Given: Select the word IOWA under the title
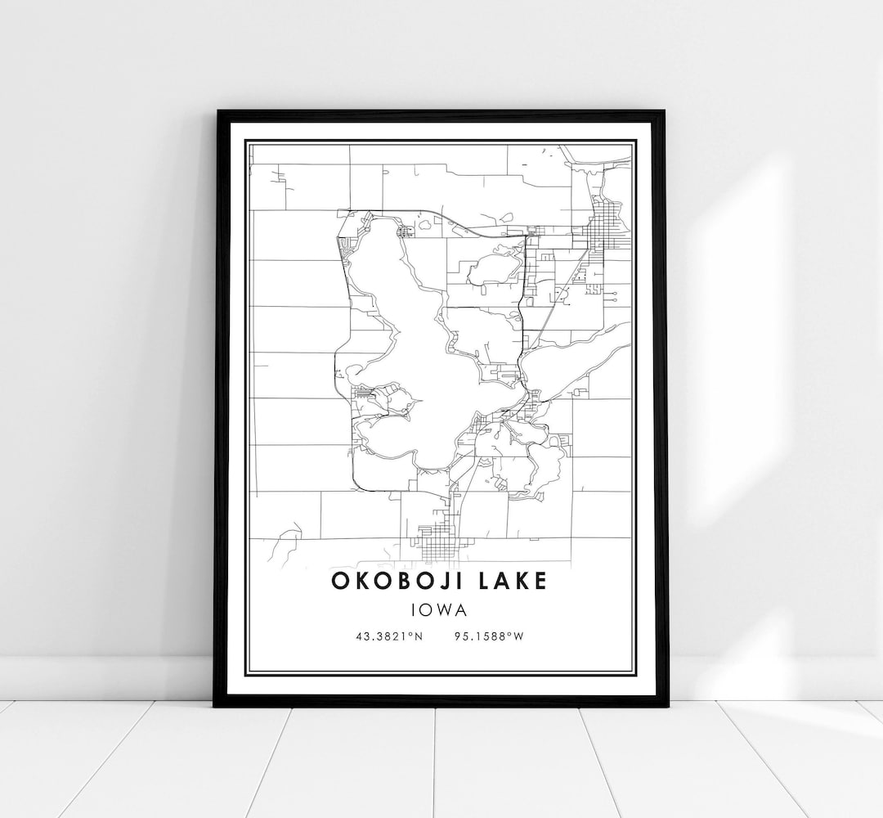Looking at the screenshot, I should (440, 609).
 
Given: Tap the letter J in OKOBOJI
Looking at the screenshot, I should (455, 581).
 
